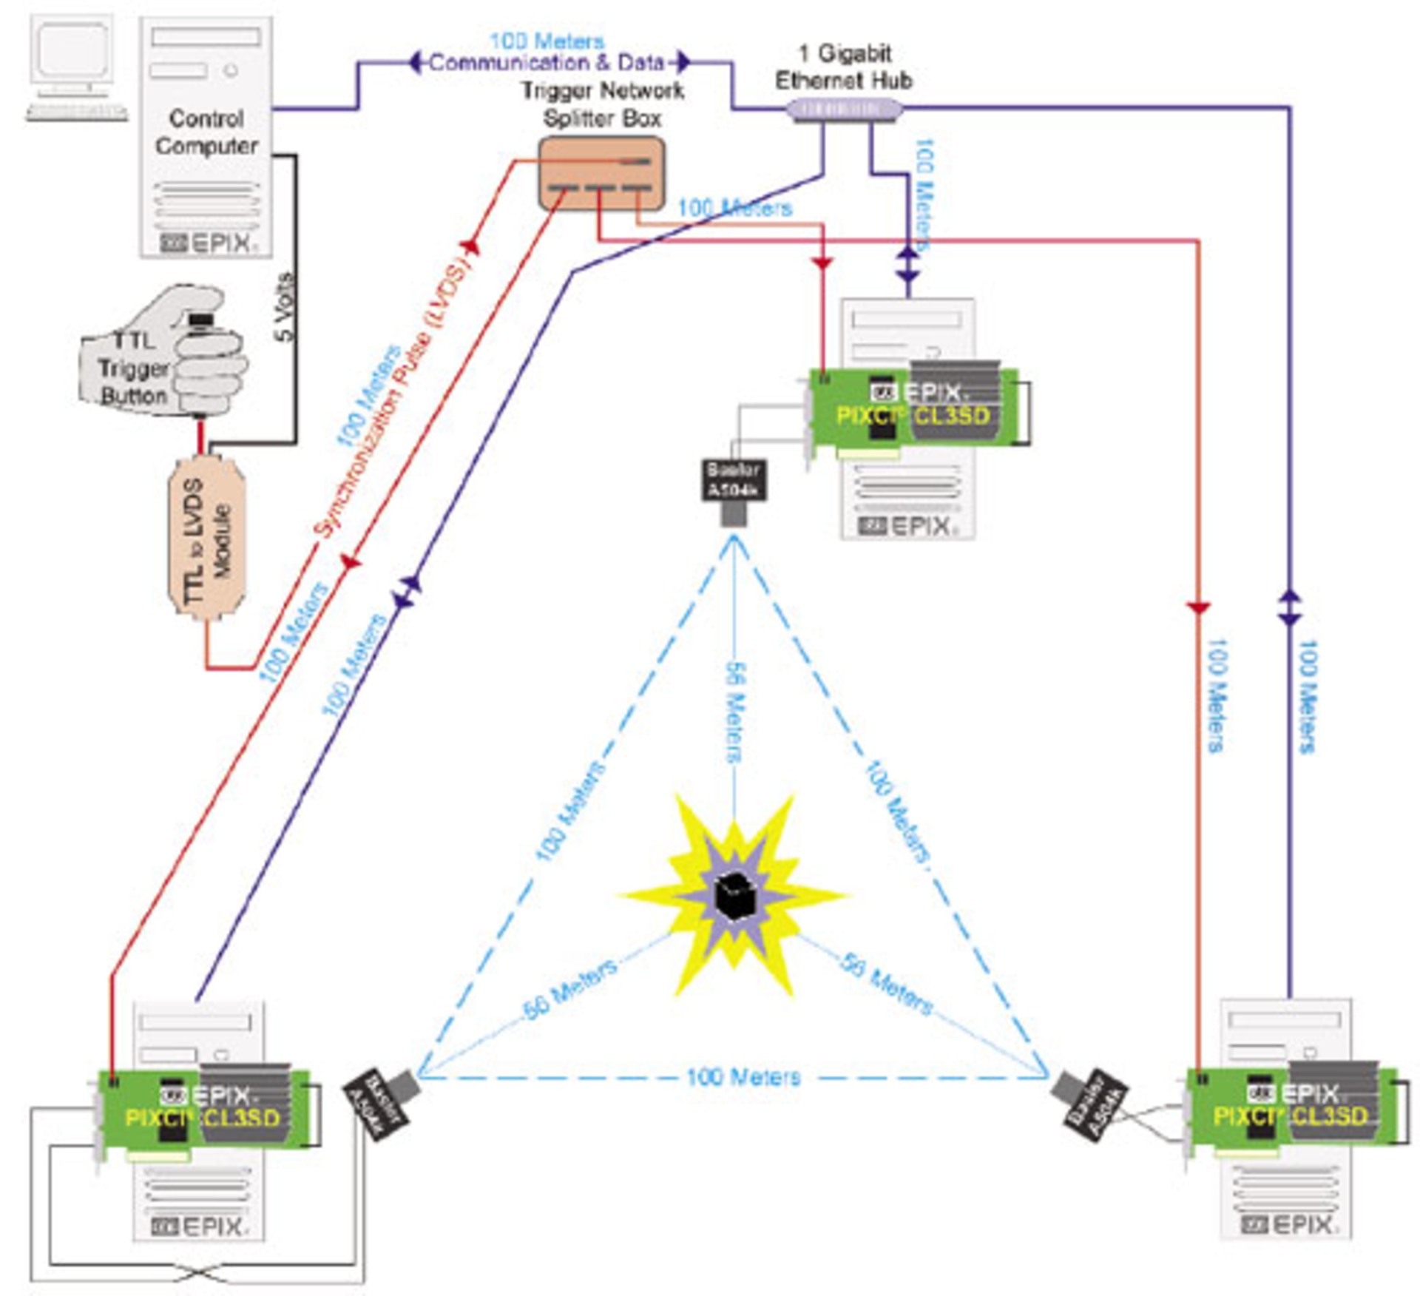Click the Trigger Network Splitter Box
(601, 174)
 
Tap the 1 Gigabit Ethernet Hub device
(844, 110)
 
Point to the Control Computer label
(206, 132)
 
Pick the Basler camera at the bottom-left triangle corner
(379, 1102)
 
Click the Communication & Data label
(547, 63)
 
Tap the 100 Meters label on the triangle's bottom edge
(743, 1076)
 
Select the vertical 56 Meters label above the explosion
(734, 711)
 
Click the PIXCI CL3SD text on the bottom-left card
(202, 1117)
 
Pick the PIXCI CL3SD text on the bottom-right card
(1291, 1116)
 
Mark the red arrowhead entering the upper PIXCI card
(822, 263)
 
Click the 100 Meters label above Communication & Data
(547, 41)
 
